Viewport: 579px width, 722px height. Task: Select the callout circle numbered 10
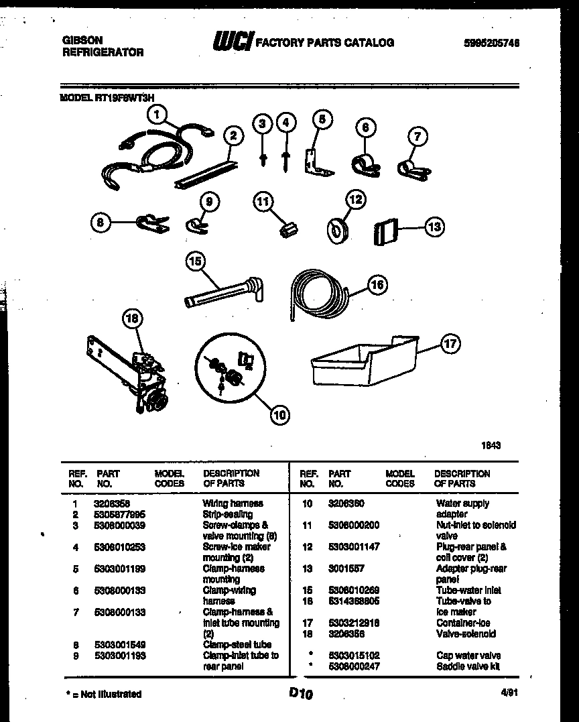click(279, 415)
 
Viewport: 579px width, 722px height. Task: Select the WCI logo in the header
click(233, 42)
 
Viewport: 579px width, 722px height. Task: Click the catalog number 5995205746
click(491, 43)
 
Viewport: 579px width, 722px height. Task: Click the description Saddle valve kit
click(468, 666)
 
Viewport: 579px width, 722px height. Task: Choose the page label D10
click(301, 695)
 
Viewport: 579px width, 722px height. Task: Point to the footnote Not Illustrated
click(107, 694)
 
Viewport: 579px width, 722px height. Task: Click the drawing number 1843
click(491, 444)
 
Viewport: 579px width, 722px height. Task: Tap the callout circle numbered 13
click(434, 227)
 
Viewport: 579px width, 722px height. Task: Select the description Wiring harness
click(233, 503)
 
